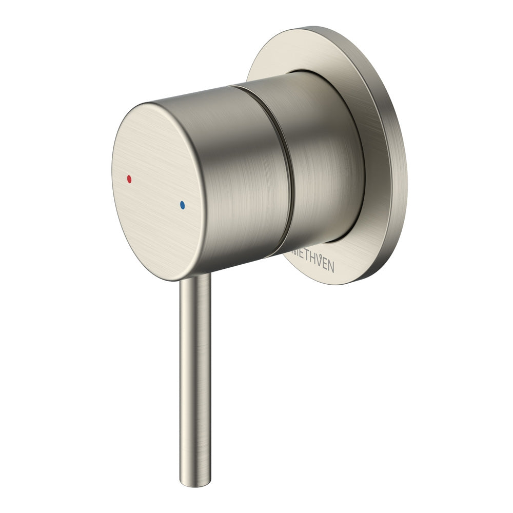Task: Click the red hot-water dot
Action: click(x=129, y=180)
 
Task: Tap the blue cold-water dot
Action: click(x=182, y=205)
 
